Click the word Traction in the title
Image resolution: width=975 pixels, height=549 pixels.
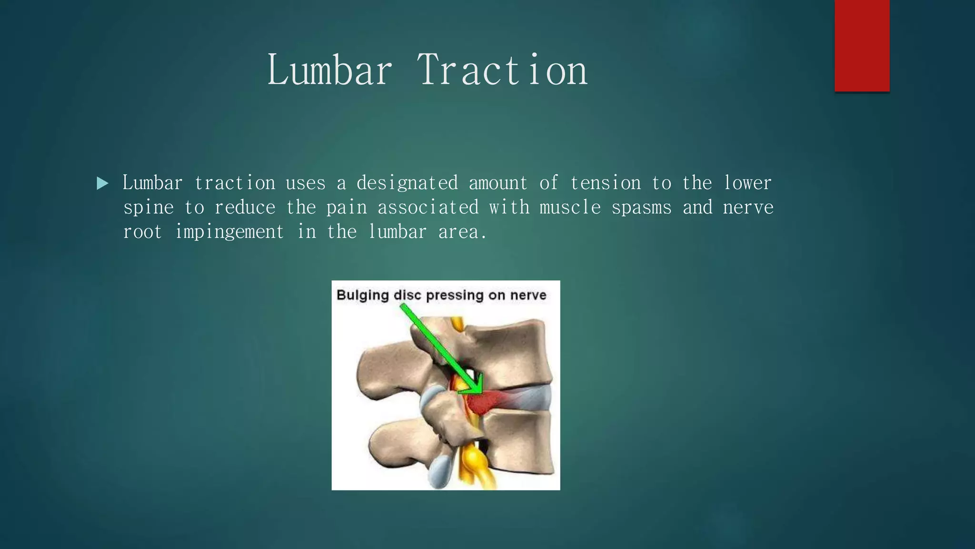pos(503,70)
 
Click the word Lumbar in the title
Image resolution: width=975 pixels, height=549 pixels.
pos(330,70)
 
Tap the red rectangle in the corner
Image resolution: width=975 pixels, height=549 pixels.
pos(862,45)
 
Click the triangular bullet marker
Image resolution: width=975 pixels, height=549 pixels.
pos(102,183)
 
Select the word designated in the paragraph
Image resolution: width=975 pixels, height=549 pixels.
pos(407,183)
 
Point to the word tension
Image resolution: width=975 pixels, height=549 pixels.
pos(605,183)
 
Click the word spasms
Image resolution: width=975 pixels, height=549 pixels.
pos(641,207)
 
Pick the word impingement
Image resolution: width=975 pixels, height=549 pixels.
pos(229,232)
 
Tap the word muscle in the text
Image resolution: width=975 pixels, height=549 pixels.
pos(570,207)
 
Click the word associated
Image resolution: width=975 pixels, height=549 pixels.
pos(428,207)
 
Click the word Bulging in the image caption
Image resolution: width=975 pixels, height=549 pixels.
pos(363,295)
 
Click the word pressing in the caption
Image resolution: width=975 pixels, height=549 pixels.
pos(455,295)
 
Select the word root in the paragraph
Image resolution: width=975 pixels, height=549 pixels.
pos(142,232)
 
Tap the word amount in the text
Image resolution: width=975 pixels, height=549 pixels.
pos(498,183)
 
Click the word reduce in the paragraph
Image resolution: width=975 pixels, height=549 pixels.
pos(245,207)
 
